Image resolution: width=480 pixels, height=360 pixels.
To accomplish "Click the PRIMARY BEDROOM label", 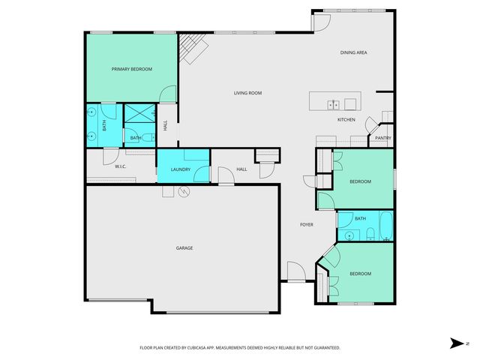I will point(132,69).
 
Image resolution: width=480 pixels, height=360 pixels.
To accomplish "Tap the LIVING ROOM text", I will point(247,93).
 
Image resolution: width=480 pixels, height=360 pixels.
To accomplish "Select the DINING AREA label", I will point(353,52).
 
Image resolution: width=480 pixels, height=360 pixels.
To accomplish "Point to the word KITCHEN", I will point(346,120).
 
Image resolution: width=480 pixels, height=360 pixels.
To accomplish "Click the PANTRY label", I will point(382,138).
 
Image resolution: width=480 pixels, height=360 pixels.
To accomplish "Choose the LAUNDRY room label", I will point(181,169).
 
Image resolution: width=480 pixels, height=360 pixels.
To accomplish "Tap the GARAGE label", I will point(184,247).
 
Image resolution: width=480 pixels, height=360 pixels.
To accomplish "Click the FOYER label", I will point(307,225).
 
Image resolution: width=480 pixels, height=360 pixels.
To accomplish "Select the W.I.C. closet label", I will point(120,166).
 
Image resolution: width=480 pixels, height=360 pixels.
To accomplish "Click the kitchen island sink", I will point(334,104).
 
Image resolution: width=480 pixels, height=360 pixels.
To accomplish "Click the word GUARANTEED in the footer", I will point(327,348).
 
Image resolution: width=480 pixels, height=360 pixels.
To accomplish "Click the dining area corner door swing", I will point(319,22).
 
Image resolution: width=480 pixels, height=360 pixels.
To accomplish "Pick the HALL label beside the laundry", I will point(241,169).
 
